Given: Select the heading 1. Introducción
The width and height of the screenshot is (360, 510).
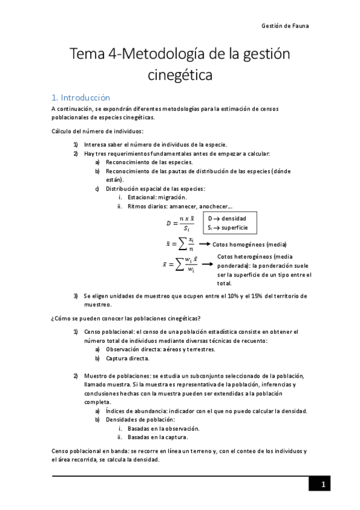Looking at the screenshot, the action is pyautogui.click(x=81, y=97).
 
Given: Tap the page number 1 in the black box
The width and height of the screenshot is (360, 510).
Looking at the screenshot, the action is pyautogui.click(x=323, y=484).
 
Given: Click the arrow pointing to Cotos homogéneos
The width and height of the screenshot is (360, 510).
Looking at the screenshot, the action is pyautogui.click(x=204, y=244).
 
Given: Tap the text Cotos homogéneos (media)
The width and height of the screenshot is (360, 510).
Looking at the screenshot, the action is pyautogui.click(x=249, y=244).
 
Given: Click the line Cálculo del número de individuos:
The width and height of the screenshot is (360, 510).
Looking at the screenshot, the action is pyautogui.click(x=97, y=131).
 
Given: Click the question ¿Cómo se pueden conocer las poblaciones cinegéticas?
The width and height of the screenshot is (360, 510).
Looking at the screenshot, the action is pyautogui.click(x=126, y=318).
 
